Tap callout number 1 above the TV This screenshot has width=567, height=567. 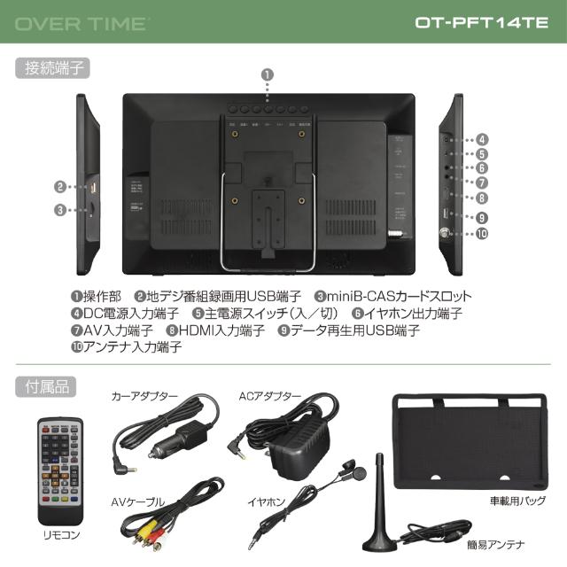(x=268, y=77)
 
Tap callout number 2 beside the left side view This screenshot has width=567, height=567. (x=59, y=187)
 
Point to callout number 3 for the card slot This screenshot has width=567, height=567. (x=59, y=210)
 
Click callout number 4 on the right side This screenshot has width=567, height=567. (x=482, y=139)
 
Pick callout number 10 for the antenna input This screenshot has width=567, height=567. (x=482, y=235)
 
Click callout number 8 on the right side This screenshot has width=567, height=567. (x=482, y=198)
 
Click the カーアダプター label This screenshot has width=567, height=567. (x=144, y=396)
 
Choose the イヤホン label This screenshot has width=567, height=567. (x=268, y=502)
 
